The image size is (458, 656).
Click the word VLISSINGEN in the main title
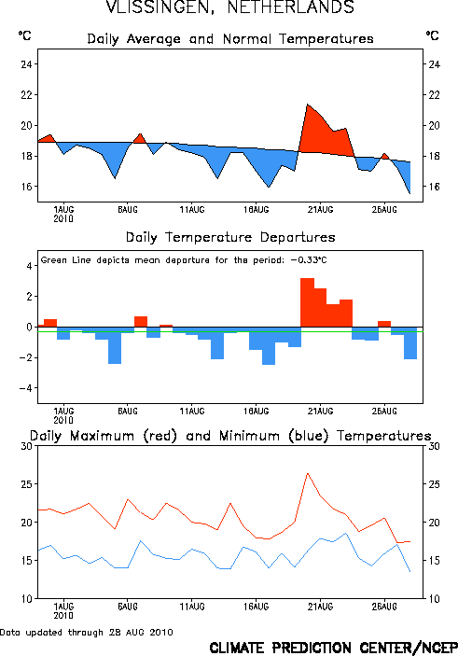(160, 7)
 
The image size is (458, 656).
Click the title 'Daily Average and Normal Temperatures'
(230, 39)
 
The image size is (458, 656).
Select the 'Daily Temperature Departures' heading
(230, 237)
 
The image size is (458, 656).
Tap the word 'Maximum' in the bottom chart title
(102, 436)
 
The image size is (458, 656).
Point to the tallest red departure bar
(308, 302)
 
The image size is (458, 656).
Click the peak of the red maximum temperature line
(308, 473)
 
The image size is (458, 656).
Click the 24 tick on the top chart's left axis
(27, 64)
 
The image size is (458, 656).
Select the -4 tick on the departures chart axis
(25, 388)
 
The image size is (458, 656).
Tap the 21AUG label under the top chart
(320, 210)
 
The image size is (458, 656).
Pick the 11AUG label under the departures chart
(192, 412)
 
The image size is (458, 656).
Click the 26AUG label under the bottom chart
(384, 607)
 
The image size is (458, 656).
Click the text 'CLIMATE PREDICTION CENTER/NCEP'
(333, 648)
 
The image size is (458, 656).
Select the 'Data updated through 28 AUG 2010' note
(87, 632)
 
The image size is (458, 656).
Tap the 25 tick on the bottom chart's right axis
(434, 484)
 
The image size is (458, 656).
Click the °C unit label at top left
(24, 35)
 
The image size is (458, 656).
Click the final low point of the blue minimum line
(409, 571)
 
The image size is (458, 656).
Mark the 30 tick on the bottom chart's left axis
(27, 446)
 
